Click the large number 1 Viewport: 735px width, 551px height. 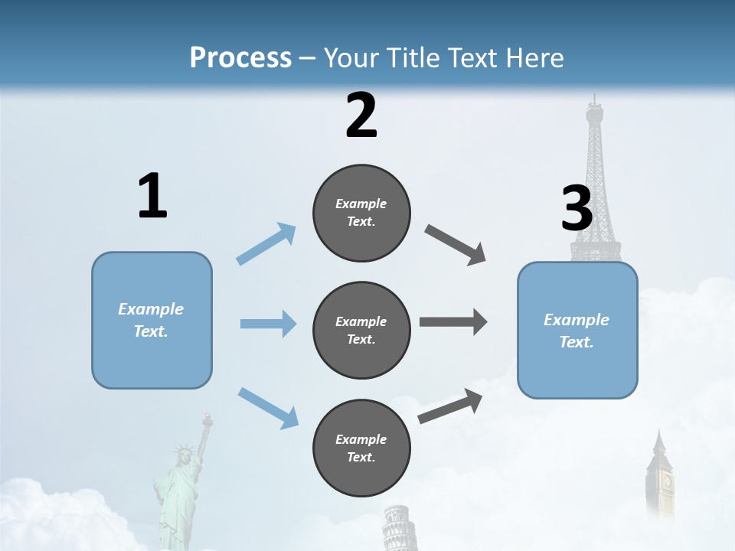[152, 197]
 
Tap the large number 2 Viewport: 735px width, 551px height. [361, 116]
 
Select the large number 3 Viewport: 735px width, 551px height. [577, 209]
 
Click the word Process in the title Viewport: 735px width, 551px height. [240, 57]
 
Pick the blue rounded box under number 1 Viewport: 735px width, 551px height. [152, 320]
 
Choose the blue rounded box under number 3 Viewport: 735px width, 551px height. [577, 330]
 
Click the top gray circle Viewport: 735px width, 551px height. [361, 213]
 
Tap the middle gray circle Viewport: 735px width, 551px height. [361, 330]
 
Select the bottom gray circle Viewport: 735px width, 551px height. [361, 448]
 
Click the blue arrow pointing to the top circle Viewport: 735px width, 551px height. [266, 244]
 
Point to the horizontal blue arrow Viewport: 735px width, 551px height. [267, 324]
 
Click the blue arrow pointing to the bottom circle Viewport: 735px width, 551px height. [268, 407]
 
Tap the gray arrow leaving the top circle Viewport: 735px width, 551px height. [456, 245]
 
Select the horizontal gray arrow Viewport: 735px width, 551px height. [452, 321]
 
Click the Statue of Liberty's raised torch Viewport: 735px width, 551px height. [205, 418]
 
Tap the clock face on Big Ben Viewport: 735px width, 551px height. [667, 481]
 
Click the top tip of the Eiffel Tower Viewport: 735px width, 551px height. [593, 98]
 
